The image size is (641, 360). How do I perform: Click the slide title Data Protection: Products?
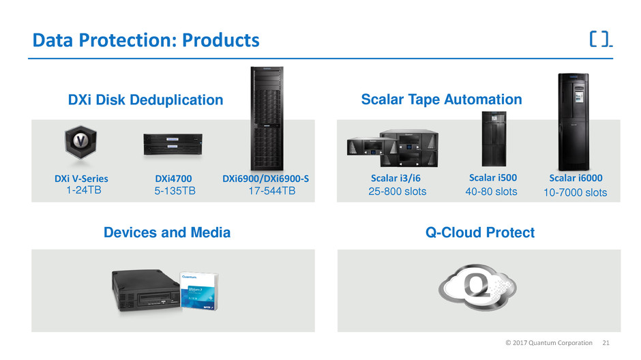point(146,41)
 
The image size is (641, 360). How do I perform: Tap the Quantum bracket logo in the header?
point(599,39)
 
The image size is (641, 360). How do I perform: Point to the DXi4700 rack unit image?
point(173,144)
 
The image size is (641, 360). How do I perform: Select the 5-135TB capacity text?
point(175,192)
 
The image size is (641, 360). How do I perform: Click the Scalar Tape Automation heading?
point(441,100)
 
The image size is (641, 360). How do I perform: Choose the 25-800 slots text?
point(397,192)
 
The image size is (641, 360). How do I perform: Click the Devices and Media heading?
point(167,232)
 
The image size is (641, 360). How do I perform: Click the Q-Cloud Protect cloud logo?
point(479,288)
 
